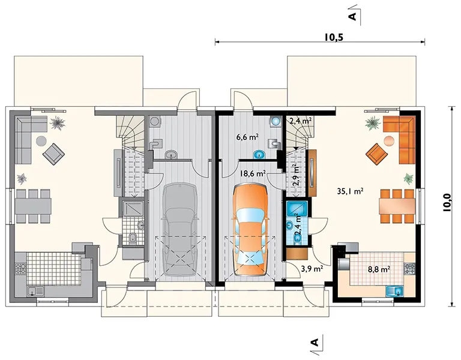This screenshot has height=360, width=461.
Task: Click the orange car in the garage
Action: (x=250, y=230)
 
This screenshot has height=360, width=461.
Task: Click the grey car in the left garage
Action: (x=180, y=230)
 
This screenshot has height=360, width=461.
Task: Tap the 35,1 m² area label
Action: (x=350, y=191)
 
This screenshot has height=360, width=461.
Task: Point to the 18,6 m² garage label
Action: (x=253, y=173)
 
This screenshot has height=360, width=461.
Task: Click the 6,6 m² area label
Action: (x=247, y=136)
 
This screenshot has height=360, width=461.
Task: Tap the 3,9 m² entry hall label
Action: (x=312, y=268)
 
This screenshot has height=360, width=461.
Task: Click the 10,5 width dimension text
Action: (x=334, y=37)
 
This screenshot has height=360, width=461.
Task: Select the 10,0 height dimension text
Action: (x=447, y=202)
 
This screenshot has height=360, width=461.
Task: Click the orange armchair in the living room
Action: (x=376, y=154)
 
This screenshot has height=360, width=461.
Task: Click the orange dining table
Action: (x=397, y=206)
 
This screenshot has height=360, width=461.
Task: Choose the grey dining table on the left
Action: (x=33, y=206)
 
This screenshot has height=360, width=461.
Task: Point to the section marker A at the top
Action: (x=353, y=16)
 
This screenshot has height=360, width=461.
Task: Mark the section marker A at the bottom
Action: (x=315, y=343)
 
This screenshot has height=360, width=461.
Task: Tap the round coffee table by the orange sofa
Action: (x=389, y=141)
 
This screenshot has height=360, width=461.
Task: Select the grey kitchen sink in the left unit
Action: (x=35, y=291)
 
